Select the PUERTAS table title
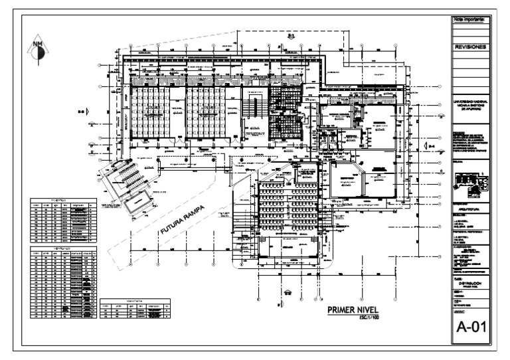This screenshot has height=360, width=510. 64,199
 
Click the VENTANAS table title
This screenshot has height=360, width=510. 64,248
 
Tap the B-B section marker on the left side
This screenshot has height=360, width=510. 82,112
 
